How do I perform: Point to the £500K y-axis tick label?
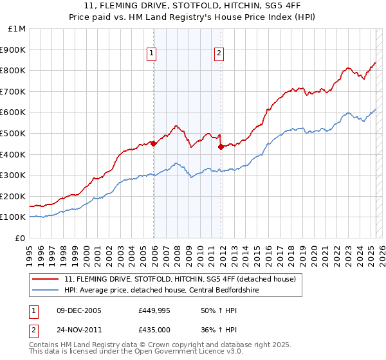[x=14, y=133]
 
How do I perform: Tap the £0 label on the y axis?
[x=20, y=238]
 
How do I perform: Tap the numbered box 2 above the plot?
[x=219, y=53]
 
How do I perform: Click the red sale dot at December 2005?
[x=153, y=144]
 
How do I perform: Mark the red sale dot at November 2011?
[x=221, y=147]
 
